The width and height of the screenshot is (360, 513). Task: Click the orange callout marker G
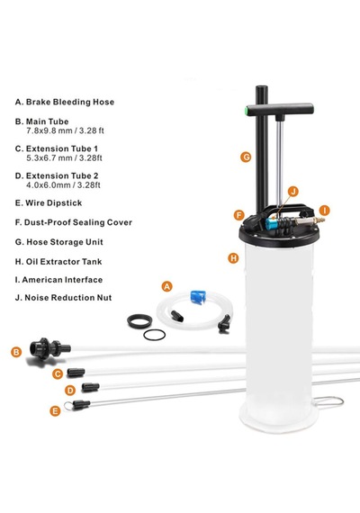click(x=246, y=157)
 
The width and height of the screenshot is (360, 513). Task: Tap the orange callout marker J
click(x=292, y=192)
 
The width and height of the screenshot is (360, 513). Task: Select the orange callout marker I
click(x=324, y=211)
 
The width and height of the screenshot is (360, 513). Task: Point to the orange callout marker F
click(x=239, y=216)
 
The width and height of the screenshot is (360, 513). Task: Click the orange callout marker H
click(x=233, y=258)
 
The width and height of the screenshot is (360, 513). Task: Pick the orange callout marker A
click(x=166, y=287)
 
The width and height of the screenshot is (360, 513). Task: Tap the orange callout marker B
click(x=16, y=352)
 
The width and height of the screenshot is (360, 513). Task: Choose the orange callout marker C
click(x=58, y=373)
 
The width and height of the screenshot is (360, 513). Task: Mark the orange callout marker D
click(x=70, y=390)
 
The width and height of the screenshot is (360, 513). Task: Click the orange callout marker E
click(x=55, y=410)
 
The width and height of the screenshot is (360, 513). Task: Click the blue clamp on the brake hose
click(x=198, y=296)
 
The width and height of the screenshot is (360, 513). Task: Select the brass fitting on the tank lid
click(x=310, y=220)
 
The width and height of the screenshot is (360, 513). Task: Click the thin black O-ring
click(x=154, y=335)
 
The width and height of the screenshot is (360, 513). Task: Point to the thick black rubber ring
click(x=139, y=321)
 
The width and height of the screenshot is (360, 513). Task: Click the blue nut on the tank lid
click(x=271, y=222)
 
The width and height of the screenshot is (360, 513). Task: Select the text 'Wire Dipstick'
click(x=54, y=203)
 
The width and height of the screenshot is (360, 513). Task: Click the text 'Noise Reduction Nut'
click(x=68, y=298)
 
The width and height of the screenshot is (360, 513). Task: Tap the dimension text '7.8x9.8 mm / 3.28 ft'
click(x=65, y=130)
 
